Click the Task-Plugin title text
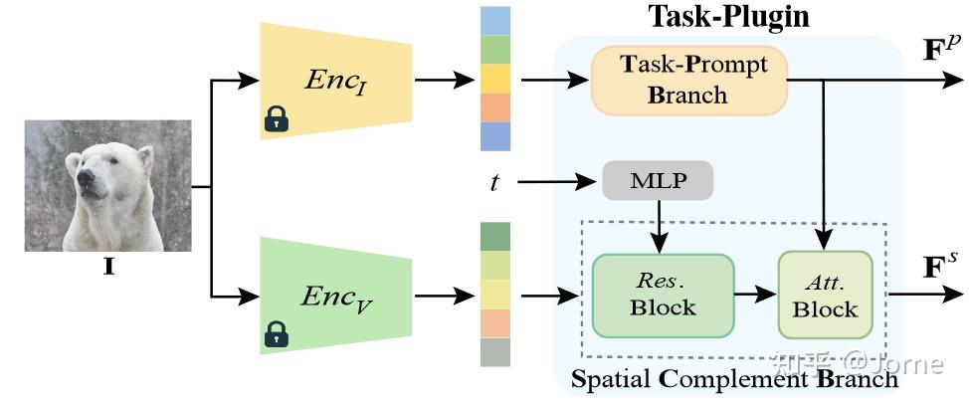point(728,16)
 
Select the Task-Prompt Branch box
point(688,80)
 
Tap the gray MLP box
point(658,181)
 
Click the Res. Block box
point(663,295)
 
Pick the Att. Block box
point(825,295)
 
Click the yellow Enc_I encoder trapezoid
point(336,79)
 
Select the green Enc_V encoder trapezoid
point(336,295)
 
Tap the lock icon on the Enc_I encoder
point(276,119)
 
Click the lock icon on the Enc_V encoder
point(276,335)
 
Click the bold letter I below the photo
point(106,267)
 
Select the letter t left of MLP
point(494,182)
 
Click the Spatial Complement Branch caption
point(734,379)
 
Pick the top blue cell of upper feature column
point(494,21)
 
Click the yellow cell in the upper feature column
point(494,79)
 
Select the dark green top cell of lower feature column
point(494,237)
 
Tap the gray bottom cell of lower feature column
point(494,352)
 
